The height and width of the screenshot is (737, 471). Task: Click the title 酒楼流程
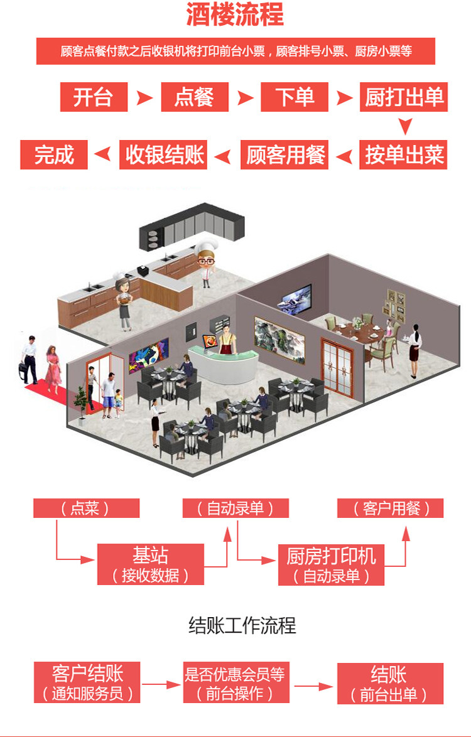(x=235, y=15)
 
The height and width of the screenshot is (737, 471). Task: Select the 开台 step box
(x=94, y=97)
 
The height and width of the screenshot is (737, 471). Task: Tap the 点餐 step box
(x=195, y=97)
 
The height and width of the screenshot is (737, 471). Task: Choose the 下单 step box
(x=295, y=97)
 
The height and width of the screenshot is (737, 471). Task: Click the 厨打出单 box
(x=404, y=97)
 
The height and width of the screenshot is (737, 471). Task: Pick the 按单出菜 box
(x=404, y=154)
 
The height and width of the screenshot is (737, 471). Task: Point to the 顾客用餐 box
(x=284, y=154)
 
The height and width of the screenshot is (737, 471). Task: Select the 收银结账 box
(x=165, y=154)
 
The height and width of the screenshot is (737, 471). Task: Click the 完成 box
(x=54, y=154)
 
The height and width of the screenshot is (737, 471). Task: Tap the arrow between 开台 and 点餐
(x=144, y=97)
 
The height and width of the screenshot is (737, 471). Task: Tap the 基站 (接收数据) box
(x=150, y=564)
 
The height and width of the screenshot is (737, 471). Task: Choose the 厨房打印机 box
(x=331, y=564)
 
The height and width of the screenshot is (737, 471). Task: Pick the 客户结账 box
(x=87, y=683)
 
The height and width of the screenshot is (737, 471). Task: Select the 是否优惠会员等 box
(x=235, y=683)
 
